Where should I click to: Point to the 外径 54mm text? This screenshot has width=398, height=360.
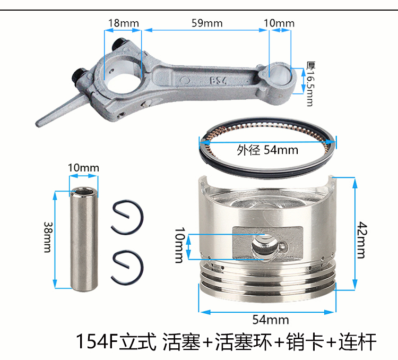tap(267, 150)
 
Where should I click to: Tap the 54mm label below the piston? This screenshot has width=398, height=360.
tap(270, 320)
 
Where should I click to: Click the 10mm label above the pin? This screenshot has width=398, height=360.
tap(83, 168)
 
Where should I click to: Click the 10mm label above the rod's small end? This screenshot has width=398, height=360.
tap(278, 23)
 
